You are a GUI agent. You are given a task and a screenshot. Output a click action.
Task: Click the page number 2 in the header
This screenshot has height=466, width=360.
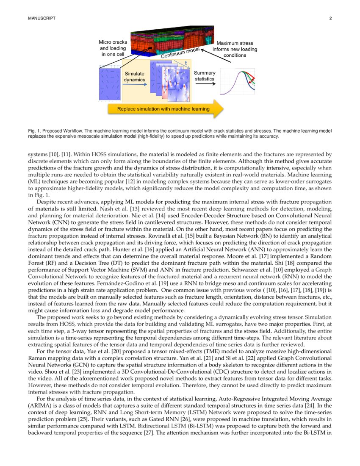tap(330, 19)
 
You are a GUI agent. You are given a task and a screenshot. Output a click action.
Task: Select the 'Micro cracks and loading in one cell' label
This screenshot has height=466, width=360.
tap(112, 48)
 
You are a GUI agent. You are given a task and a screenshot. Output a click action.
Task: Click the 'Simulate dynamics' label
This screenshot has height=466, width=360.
tap(135, 77)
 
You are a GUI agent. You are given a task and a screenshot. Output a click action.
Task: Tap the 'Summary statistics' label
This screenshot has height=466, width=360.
tap(205, 76)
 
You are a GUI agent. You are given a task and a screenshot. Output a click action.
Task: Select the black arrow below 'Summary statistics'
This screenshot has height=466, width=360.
tap(205, 83)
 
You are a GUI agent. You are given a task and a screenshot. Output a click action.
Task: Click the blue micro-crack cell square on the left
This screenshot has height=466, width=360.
tap(109, 84)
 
